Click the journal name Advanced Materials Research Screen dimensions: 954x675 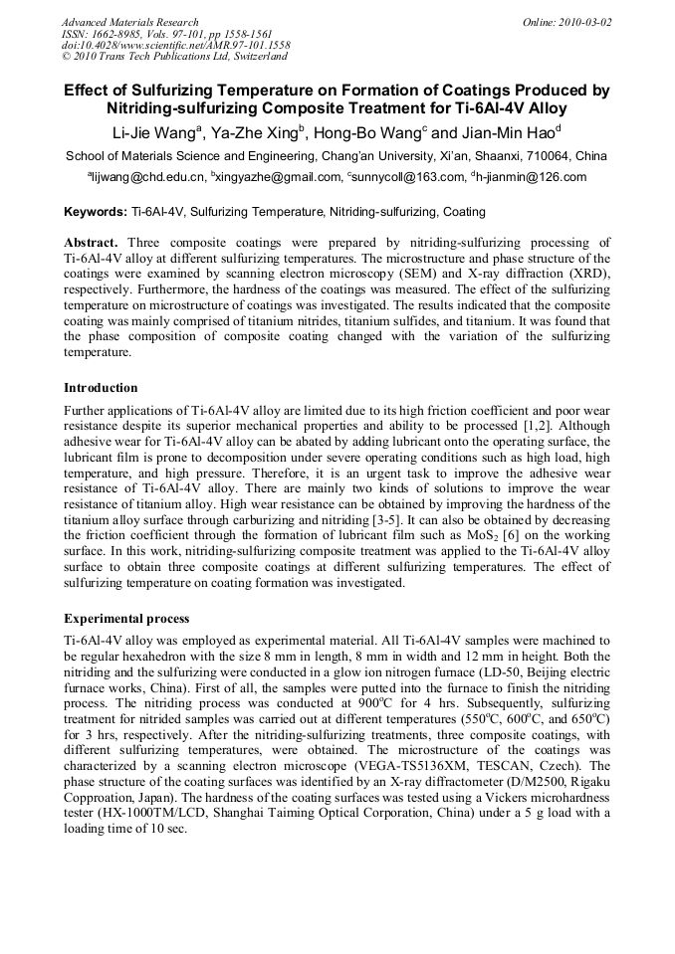129,22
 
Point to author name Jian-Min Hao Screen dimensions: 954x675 508,132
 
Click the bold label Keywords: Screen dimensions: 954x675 96,212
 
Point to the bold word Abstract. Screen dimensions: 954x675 91,242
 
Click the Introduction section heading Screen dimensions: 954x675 101,388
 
